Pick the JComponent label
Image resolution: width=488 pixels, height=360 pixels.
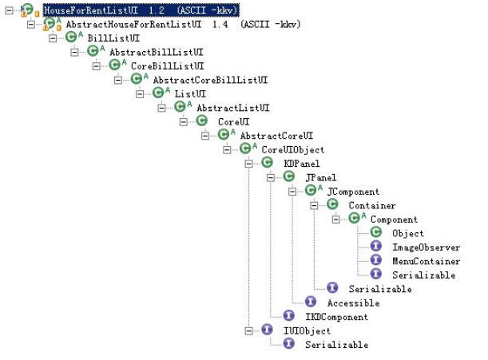353,191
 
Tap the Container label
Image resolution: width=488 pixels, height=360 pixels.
373,205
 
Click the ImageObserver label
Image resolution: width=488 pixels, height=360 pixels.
426,247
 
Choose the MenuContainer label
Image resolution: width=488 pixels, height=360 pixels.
426,261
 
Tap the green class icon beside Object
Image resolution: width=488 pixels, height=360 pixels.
375,233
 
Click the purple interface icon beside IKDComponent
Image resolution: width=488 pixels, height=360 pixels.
289,317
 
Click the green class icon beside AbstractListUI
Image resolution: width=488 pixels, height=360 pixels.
180,107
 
